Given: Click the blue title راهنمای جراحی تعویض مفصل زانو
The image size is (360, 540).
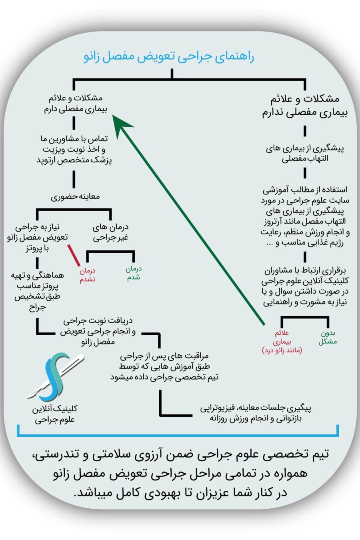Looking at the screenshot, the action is point(169,57).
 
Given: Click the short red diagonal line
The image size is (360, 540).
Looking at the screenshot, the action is point(74,255).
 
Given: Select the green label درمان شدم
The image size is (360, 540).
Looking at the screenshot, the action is point(133,273).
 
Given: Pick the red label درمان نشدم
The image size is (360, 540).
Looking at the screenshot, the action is point(87,275).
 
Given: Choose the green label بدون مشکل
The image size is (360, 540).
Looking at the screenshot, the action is point(328,337).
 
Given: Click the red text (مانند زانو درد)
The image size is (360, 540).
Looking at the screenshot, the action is point(282,350).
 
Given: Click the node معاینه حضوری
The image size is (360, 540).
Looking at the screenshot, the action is point(75,196).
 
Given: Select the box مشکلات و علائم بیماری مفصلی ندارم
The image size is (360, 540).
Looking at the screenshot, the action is point(305,106).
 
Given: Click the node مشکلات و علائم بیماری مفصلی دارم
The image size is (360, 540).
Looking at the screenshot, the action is point(76,104).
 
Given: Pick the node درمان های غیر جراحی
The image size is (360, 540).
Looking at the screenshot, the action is point(110,232).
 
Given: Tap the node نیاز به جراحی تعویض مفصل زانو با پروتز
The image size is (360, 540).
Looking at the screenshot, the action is point(37,238).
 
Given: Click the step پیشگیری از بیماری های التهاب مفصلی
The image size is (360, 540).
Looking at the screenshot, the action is point(305,153).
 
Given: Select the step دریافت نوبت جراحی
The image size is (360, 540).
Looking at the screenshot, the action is point(98,321).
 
